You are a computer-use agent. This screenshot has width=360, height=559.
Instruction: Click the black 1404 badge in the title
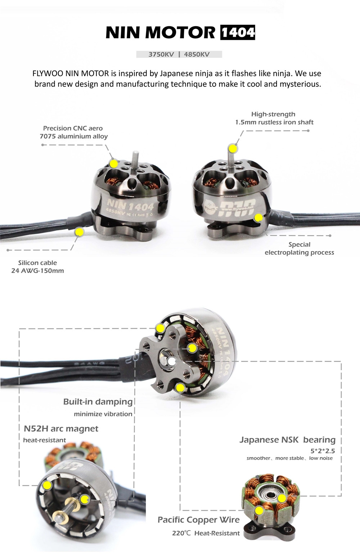pos(238,32)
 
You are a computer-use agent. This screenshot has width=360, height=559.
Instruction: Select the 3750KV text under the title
pos(161,54)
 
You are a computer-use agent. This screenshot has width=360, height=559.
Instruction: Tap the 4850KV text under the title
pos(197,54)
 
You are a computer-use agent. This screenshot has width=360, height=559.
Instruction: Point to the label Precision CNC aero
pos(73,128)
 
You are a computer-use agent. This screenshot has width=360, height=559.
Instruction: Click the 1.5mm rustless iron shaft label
pos(274,122)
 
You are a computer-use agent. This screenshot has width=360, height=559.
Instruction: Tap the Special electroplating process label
pos(300,249)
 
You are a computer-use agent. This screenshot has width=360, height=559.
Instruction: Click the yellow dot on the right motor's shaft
pos(233,148)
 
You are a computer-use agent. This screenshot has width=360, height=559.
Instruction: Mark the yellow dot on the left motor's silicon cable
pos(79,232)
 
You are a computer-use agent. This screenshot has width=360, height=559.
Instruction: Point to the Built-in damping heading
pos(98,402)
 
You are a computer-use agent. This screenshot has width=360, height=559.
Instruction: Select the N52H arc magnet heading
pos(61,429)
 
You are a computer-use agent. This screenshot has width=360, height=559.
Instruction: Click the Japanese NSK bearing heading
pos(287,440)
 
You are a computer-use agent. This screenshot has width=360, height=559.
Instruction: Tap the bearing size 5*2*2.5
pos(323,451)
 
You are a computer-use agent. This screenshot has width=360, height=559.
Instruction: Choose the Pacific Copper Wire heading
pos(199,520)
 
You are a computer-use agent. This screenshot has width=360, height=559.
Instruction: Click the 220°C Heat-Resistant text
pos(206,533)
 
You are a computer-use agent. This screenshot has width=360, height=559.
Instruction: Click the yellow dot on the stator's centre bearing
pos(282,498)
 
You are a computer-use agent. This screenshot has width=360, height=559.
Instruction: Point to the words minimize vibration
pos(103,414)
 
